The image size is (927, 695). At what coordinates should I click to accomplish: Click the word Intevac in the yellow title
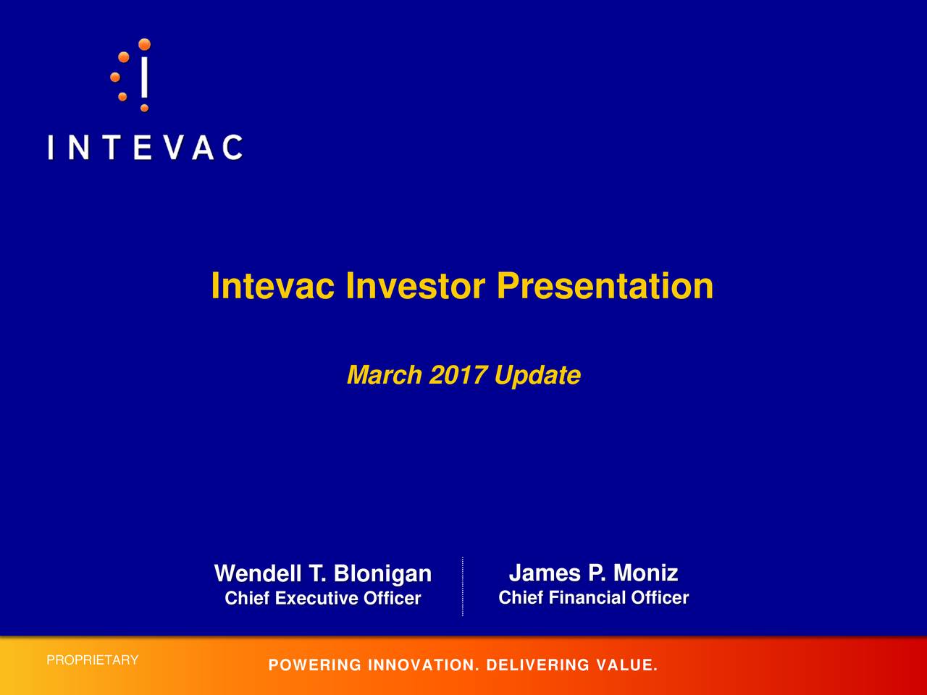click(x=272, y=287)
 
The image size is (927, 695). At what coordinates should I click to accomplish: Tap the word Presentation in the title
click(x=605, y=287)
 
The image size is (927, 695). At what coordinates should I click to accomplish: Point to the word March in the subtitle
click(x=384, y=376)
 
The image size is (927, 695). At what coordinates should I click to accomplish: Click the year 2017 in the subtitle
click(x=458, y=376)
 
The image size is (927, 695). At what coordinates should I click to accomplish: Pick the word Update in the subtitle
click(x=537, y=376)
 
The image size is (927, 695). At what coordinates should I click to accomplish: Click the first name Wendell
click(x=259, y=574)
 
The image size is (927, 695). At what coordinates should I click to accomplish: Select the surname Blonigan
click(x=382, y=574)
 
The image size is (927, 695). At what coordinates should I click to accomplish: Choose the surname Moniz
click(x=645, y=573)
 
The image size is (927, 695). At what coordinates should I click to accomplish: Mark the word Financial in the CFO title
click(x=587, y=598)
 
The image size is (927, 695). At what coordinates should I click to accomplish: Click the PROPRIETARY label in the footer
click(x=92, y=660)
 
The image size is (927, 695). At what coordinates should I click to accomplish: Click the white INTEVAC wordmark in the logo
click(x=145, y=148)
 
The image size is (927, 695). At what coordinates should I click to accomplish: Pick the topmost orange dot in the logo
click(x=145, y=44)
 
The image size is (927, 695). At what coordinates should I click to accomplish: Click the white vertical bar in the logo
click(x=145, y=77)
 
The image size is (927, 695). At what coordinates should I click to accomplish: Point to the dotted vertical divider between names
click(x=462, y=586)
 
